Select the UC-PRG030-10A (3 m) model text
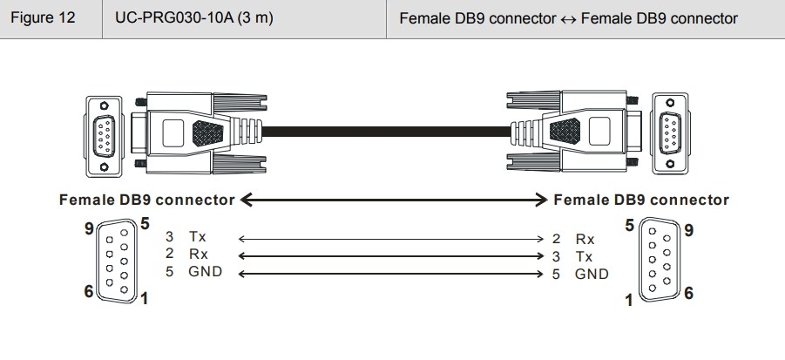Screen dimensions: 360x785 pyautogui.click(x=186, y=18)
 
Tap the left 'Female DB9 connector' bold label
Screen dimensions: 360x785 pyautogui.click(x=146, y=200)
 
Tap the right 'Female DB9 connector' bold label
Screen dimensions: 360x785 pyautogui.click(x=641, y=200)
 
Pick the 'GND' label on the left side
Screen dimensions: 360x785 pyautogui.click(x=205, y=273)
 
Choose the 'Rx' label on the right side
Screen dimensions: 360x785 pyautogui.click(x=585, y=238)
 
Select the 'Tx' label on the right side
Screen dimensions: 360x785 pyautogui.click(x=585, y=256)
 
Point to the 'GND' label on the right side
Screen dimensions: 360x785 pyautogui.click(x=592, y=275)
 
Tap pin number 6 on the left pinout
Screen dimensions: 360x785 pyautogui.click(x=88, y=291)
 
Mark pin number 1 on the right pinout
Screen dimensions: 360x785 pyautogui.click(x=630, y=301)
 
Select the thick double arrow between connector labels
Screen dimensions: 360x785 pyautogui.click(x=394, y=200)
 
